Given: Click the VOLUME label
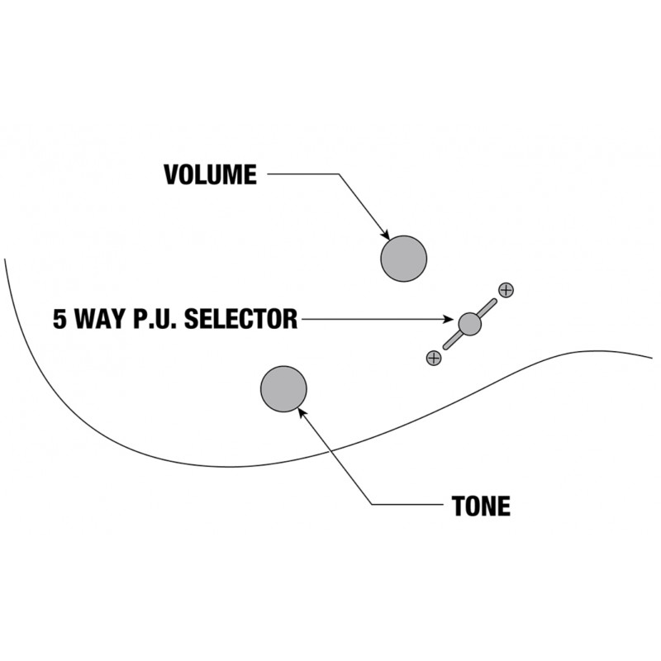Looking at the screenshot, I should [x=210, y=175].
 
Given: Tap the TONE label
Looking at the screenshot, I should [x=480, y=506].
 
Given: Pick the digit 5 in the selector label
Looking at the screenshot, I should [x=60, y=320].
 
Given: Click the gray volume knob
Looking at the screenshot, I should [x=403, y=259].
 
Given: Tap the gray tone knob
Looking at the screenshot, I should [x=283, y=388].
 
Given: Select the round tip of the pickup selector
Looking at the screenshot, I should [x=469, y=324].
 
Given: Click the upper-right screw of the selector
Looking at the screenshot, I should [x=506, y=289].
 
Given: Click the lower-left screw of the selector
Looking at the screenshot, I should [x=433, y=358].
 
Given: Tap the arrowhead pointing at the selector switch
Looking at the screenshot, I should [x=449, y=320].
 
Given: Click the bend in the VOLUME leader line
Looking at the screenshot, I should [x=338, y=174].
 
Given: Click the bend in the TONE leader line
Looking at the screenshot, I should [x=371, y=504].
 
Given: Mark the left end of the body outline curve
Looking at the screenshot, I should [x=5, y=260].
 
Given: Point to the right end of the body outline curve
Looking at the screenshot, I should [x=651, y=359].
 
